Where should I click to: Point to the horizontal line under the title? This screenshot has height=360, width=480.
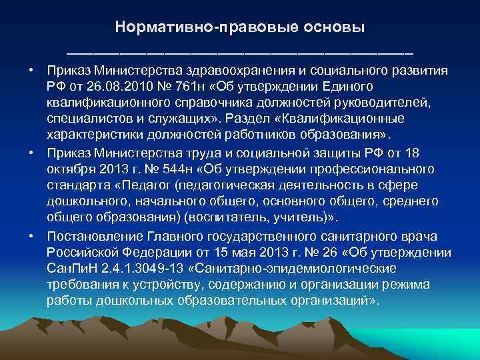tap(239, 52)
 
